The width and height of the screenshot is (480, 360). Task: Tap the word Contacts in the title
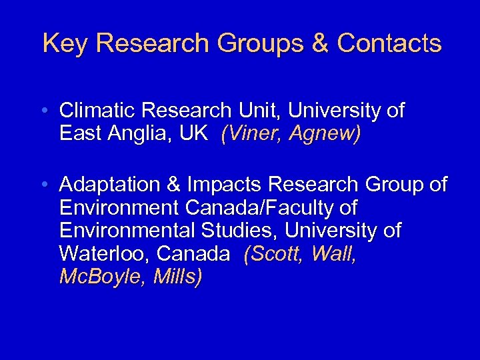coord(389,43)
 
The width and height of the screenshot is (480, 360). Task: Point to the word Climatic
coord(98,110)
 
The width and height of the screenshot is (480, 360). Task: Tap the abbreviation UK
coord(193,133)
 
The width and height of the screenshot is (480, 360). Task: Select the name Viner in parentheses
coord(252,133)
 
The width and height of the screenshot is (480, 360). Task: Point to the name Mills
coord(177,277)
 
